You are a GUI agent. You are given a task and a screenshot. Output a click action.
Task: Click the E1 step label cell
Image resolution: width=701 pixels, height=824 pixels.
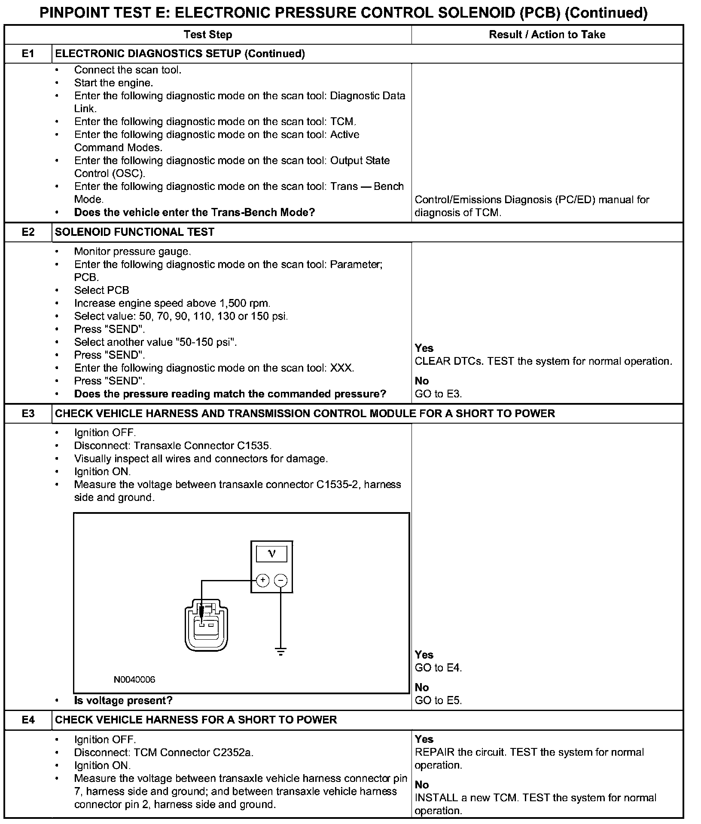pos(28,54)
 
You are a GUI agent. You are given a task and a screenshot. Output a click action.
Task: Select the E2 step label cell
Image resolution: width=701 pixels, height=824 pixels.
pos(28,232)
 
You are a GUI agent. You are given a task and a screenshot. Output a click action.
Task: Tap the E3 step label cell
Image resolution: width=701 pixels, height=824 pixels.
pos(28,413)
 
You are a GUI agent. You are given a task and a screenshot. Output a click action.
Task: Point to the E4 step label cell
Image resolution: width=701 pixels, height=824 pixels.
pos(28,720)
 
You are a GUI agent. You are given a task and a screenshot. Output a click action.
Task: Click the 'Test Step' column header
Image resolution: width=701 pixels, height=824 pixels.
pos(208,35)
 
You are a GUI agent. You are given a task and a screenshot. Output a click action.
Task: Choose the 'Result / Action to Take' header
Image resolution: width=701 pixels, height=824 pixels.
pos(547,35)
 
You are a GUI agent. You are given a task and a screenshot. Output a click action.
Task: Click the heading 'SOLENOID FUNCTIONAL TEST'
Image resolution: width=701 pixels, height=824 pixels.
pos(134,232)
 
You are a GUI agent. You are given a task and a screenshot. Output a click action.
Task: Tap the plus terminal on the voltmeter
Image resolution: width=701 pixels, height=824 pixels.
pos(262,581)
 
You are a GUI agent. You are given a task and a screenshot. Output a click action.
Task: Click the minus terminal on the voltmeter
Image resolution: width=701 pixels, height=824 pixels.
pos(281,581)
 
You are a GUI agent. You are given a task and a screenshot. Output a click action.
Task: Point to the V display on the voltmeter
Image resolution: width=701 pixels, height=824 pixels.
pos(271,554)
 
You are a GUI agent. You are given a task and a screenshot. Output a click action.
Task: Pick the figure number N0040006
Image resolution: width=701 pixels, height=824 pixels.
pos(134,680)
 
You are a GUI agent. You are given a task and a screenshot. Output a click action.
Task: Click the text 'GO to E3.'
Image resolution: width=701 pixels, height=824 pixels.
pos(438,394)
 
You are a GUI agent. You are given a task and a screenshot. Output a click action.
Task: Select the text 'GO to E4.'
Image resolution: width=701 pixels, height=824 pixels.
pos(438,668)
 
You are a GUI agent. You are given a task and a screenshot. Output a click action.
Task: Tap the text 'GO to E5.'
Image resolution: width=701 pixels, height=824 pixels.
pos(438,700)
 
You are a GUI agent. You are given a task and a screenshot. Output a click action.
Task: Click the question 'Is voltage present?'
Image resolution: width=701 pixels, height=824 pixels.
pos(123,700)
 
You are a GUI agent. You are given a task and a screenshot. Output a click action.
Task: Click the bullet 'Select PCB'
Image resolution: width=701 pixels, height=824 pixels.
pos(101,290)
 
